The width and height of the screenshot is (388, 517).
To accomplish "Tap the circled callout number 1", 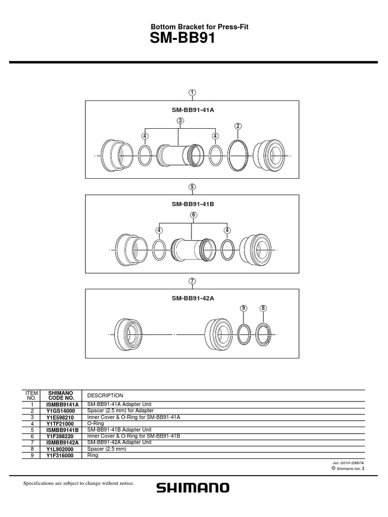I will pyautogui.click(x=192, y=92).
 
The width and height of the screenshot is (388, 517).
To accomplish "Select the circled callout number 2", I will pyautogui.click(x=238, y=126).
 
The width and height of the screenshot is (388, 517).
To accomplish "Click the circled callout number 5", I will pyautogui.click(x=192, y=187).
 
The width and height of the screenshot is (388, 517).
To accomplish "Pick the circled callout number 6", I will pyautogui.click(x=192, y=215).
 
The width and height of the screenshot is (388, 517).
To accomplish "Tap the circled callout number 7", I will pyautogui.click(x=192, y=280).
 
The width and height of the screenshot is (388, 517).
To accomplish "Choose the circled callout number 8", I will pyautogui.click(x=263, y=308).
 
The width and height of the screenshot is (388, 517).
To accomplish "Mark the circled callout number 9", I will pyautogui.click(x=243, y=308).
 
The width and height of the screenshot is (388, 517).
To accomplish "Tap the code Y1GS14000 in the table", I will pyautogui.click(x=60, y=411).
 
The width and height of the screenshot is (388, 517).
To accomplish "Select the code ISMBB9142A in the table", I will pyautogui.click(x=60, y=442).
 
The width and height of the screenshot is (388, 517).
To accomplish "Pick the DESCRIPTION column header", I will pyautogui.click(x=105, y=395).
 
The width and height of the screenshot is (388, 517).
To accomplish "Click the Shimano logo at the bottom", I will pyautogui.click(x=192, y=487).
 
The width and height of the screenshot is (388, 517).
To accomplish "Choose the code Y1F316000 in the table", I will pyautogui.click(x=60, y=454).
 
